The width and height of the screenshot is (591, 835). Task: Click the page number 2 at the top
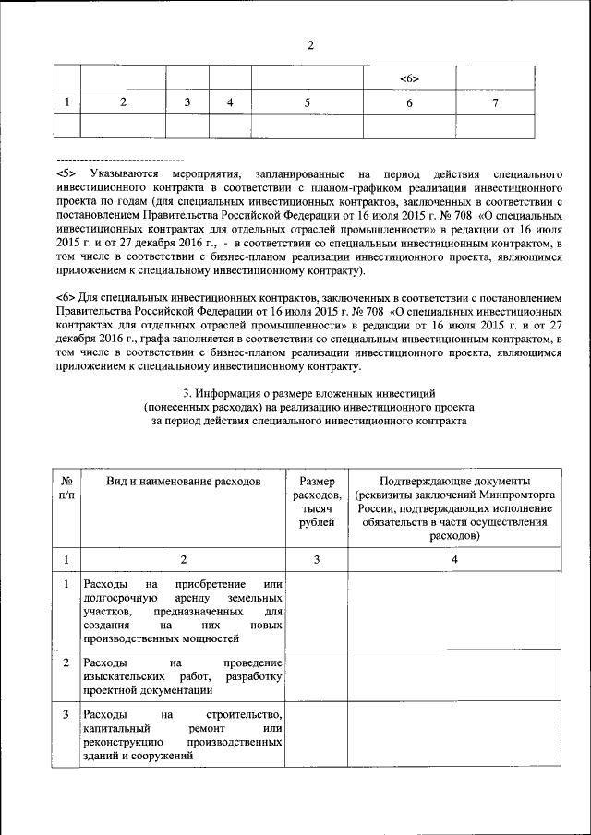(x=310, y=46)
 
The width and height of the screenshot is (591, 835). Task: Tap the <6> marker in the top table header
(x=410, y=78)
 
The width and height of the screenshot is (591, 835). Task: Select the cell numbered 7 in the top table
(x=495, y=102)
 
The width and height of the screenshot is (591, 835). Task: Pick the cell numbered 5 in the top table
(x=307, y=102)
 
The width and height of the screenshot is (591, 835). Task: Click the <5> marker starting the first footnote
(x=66, y=173)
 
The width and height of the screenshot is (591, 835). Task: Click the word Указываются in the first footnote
(x=120, y=173)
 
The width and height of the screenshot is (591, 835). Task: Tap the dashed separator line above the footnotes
(x=120, y=161)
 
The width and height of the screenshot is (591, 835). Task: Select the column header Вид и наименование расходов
(x=183, y=482)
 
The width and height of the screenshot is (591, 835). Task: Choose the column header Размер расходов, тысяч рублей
(x=317, y=502)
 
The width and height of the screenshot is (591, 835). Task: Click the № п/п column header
(x=66, y=489)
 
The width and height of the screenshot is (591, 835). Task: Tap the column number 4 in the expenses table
(x=454, y=559)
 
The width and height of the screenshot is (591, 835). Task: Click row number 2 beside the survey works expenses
(x=66, y=662)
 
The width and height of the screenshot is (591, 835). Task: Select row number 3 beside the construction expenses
(x=66, y=715)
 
